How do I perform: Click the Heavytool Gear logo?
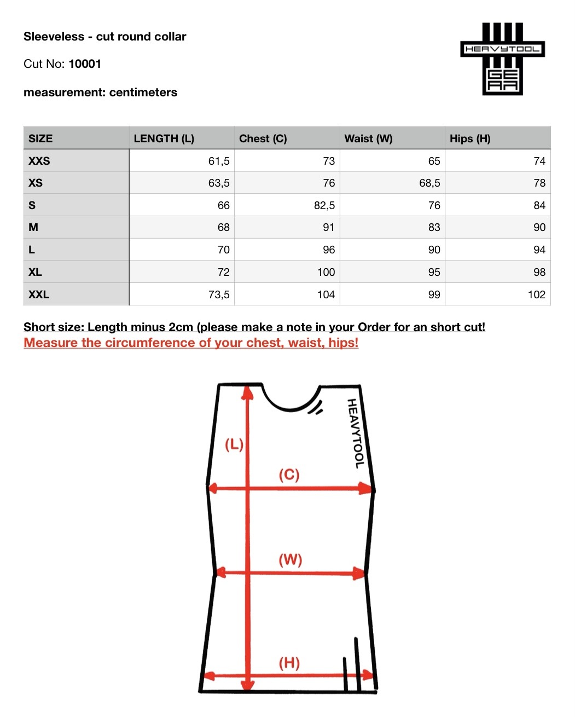(x=502, y=59)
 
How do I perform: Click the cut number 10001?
(x=85, y=64)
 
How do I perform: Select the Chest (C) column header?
(x=263, y=138)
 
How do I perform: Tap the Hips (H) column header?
(x=470, y=138)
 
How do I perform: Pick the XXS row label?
(x=39, y=161)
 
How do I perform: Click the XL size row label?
(x=35, y=272)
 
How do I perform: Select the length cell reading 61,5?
(x=219, y=161)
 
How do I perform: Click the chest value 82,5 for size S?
(x=324, y=205)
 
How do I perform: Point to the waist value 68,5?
(x=429, y=183)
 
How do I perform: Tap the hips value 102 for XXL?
(x=536, y=294)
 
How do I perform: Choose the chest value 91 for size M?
(x=329, y=227)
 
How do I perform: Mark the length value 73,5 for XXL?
(x=219, y=294)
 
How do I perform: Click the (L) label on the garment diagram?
(x=234, y=444)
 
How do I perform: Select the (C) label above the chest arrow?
(x=289, y=474)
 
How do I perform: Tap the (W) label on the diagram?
(x=290, y=559)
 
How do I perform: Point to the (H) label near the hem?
(x=289, y=663)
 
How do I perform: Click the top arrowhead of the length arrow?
(x=248, y=392)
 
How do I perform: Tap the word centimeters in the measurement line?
(x=143, y=92)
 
